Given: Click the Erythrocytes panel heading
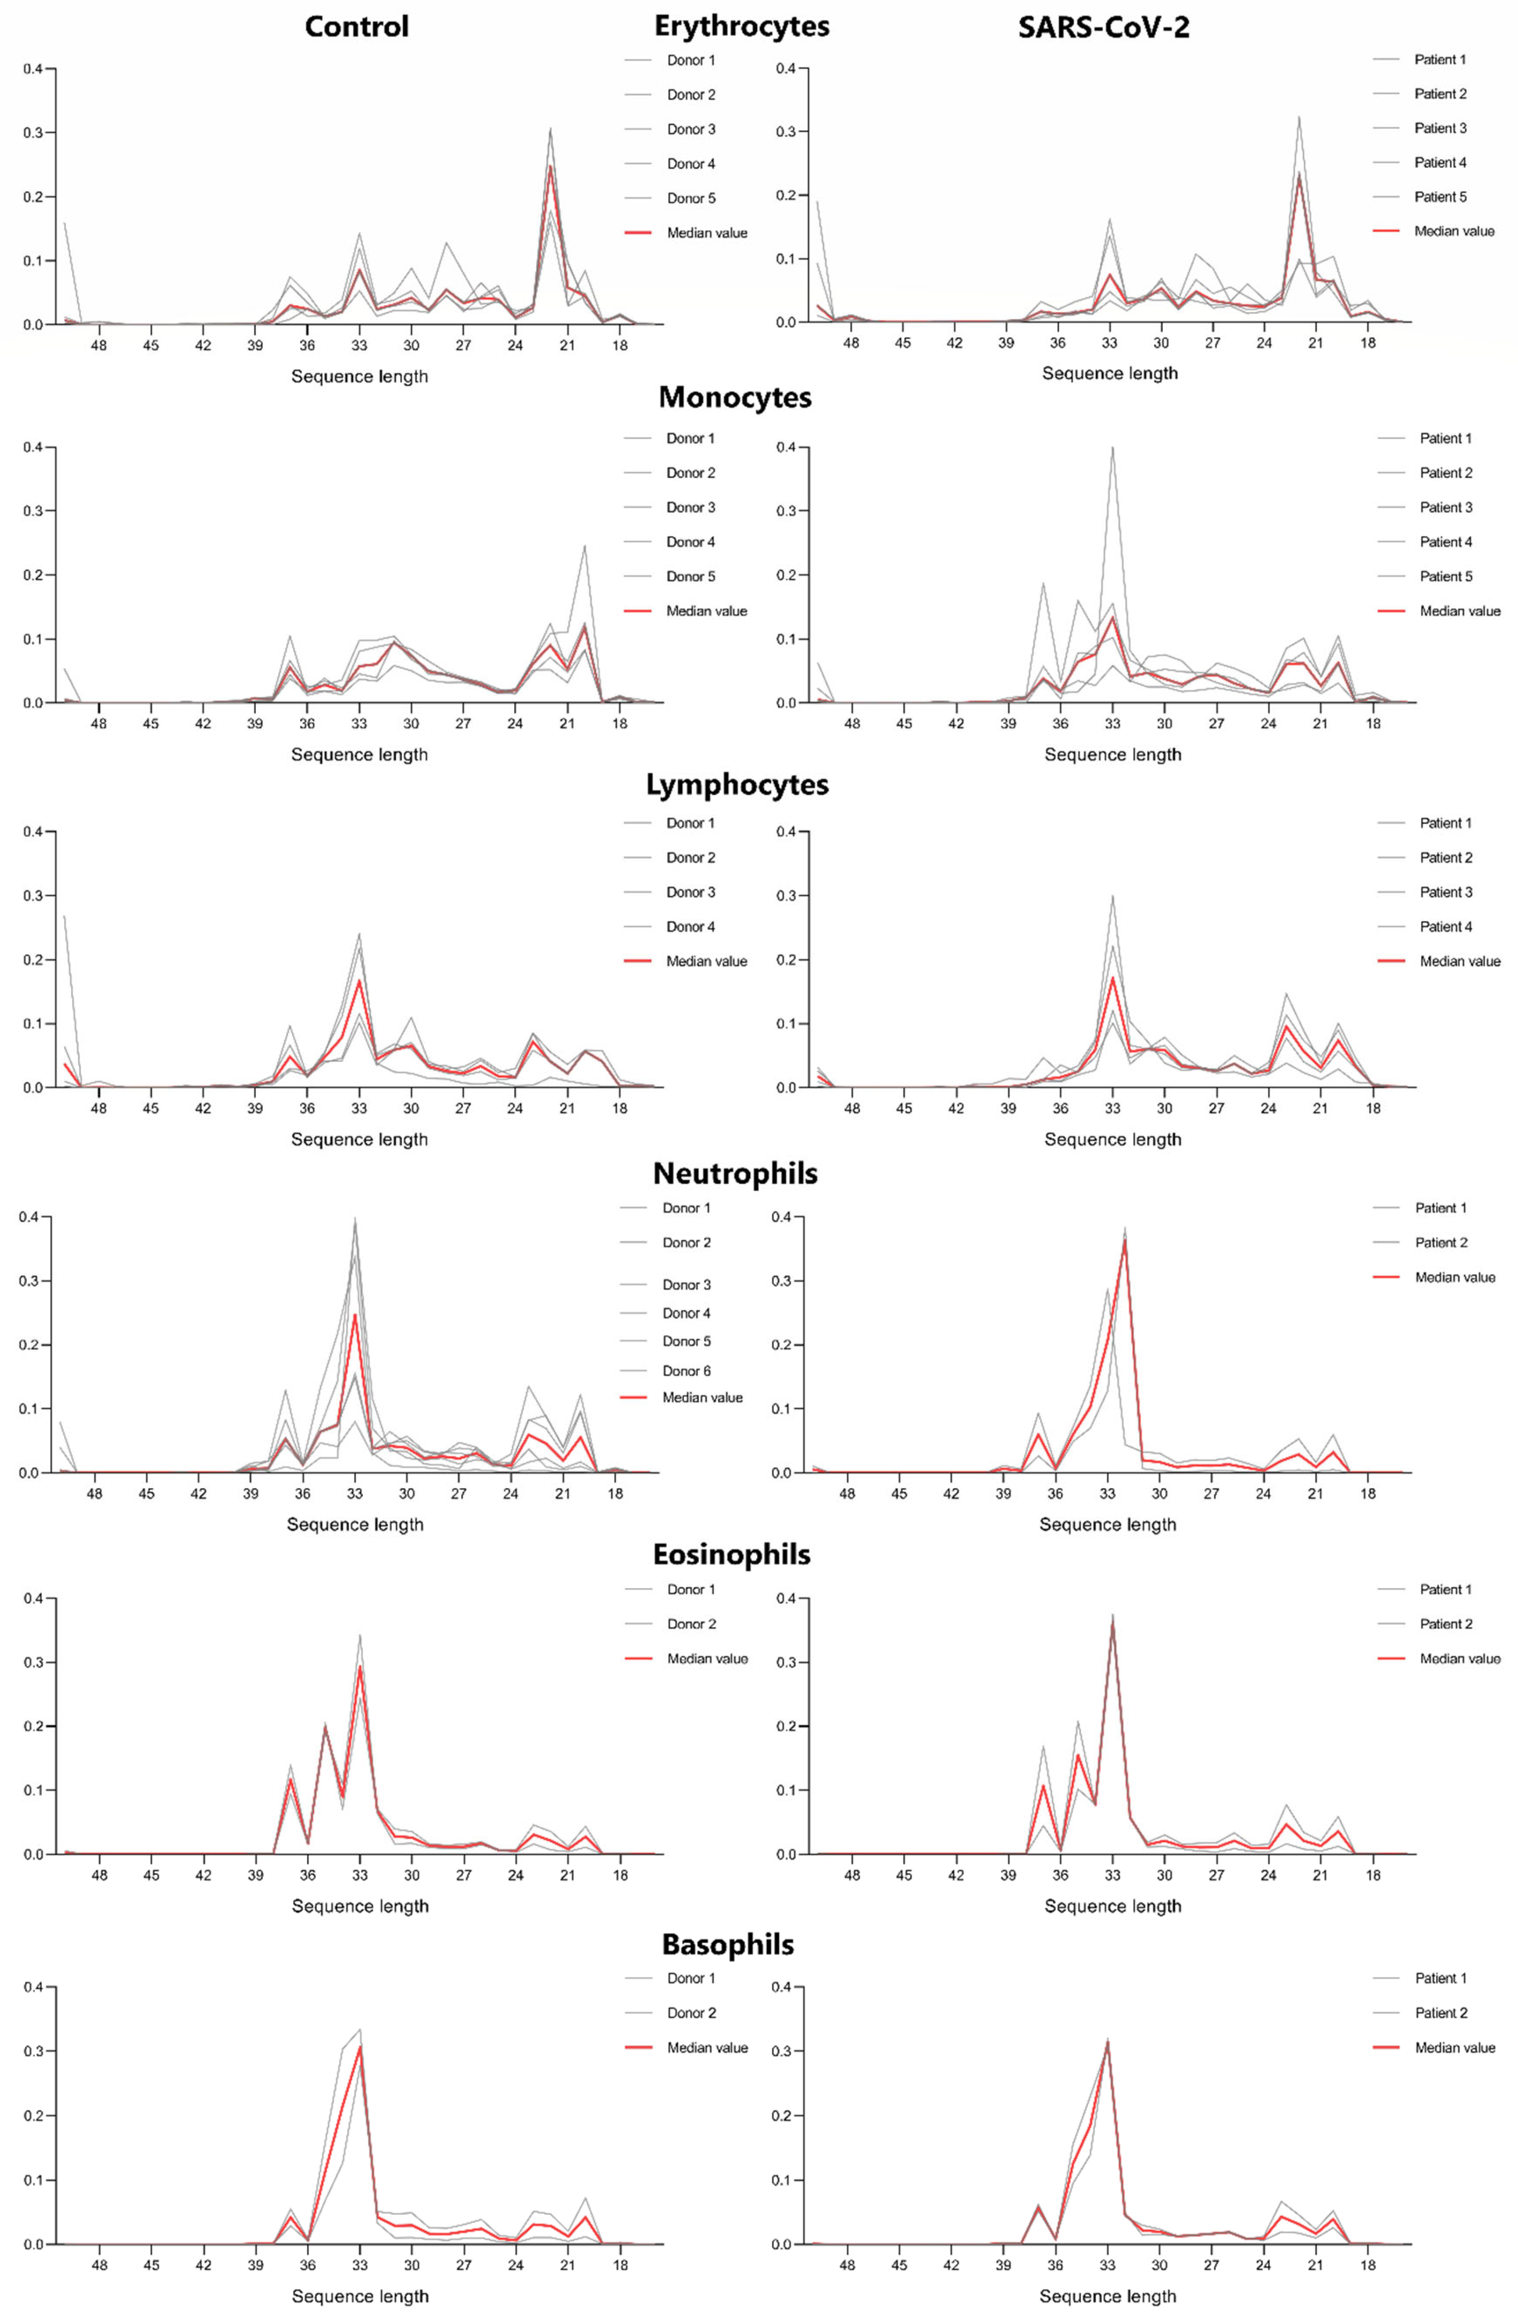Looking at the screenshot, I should tap(741, 26).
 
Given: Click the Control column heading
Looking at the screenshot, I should tap(357, 26).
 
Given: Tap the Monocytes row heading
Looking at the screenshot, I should tap(734, 398).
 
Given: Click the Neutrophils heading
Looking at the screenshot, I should tap(734, 1174).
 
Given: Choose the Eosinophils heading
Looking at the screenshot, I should tap(732, 1554).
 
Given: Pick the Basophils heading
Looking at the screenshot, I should tap(728, 1945).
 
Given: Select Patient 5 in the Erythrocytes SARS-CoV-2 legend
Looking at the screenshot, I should tap(1440, 197).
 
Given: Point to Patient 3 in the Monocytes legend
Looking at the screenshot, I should tap(1446, 508).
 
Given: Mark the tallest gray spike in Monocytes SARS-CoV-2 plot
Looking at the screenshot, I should tap(1112, 448).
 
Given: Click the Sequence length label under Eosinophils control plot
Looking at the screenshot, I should tap(359, 1906).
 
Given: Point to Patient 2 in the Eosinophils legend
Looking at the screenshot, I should tap(1446, 1624).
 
